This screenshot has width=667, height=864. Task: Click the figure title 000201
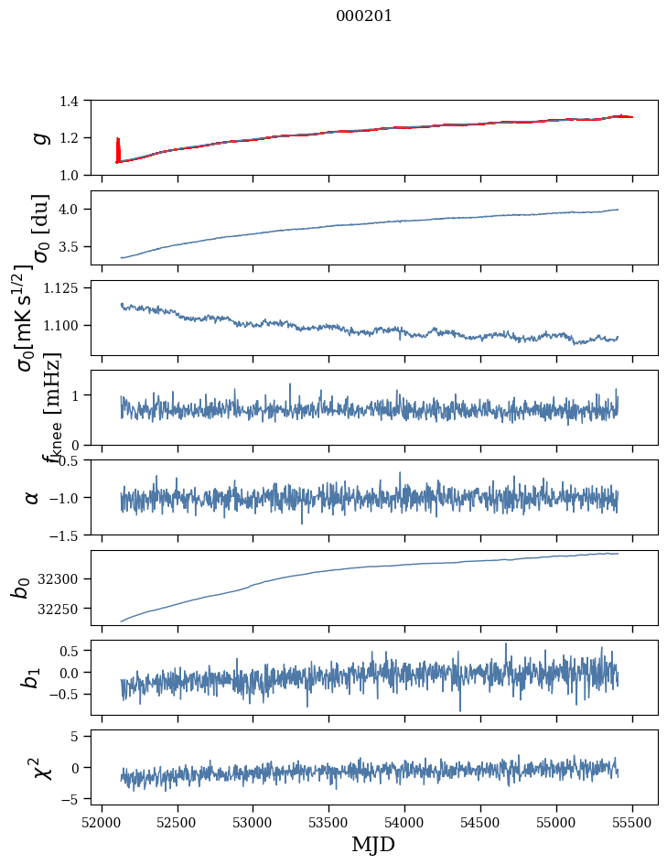click(x=364, y=16)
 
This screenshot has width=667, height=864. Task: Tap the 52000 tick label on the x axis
click(x=102, y=824)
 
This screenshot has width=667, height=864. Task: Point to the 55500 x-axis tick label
click(x=631, y=824)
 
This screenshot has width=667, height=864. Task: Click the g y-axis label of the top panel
click(x=39, y=137)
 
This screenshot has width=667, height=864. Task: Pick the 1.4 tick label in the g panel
click(x=77, y=101)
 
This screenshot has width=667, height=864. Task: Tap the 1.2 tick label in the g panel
click(x=77, y=138)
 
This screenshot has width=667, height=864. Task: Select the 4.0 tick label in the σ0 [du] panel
click(x=77, y=210)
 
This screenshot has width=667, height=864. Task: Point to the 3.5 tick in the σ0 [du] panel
click(x=77, y=247)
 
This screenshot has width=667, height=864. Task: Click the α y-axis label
click(x=32, y=497)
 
